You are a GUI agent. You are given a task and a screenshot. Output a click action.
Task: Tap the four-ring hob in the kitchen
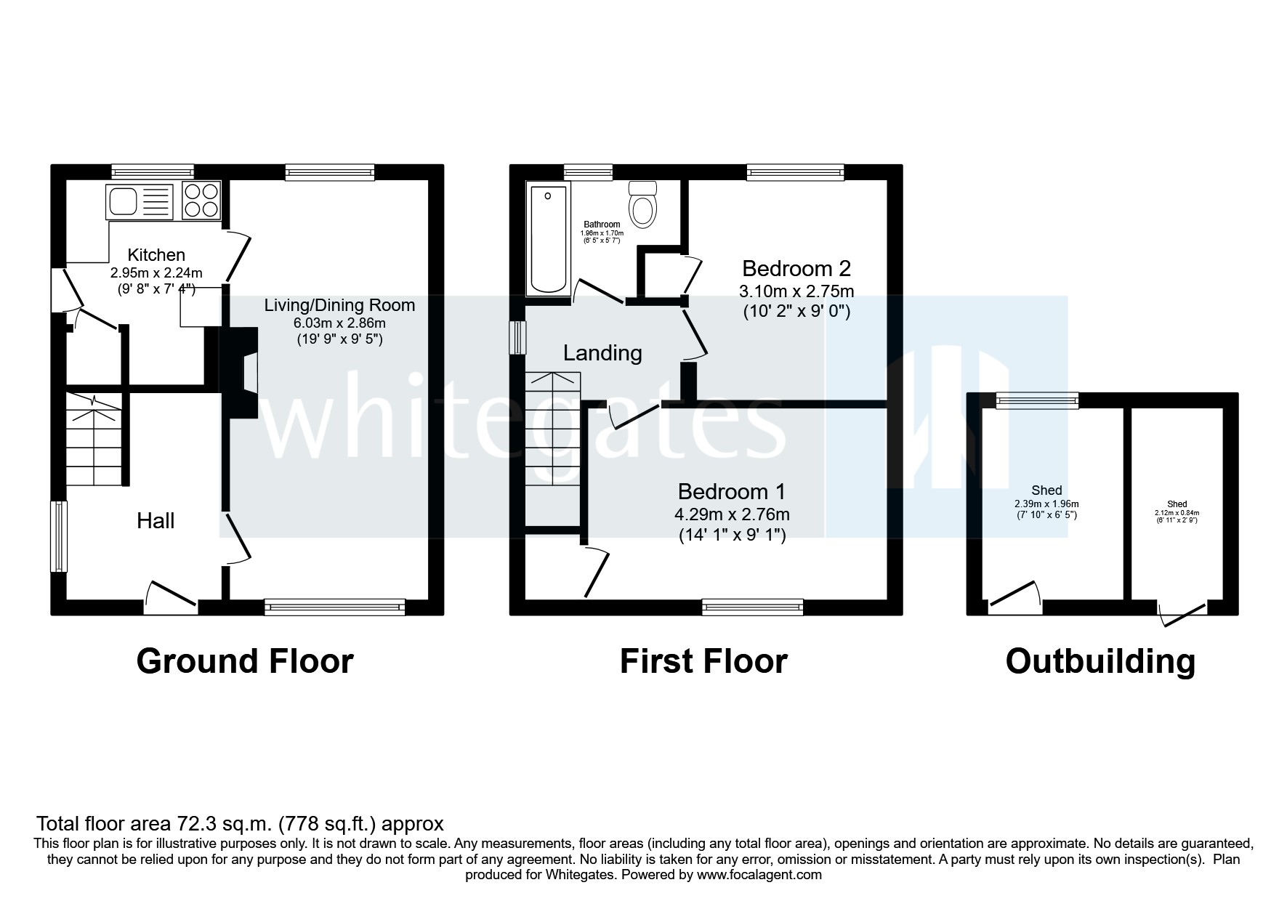[x=201, y=201]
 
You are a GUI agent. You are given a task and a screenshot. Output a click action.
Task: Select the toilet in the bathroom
[x=642, y=206]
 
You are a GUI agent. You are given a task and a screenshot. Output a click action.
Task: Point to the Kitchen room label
[x=156, y=255]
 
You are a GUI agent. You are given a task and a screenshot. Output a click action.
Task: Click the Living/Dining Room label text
[x=339, y=305]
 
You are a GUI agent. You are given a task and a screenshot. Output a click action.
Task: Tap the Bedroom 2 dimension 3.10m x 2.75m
[x=796, y=291]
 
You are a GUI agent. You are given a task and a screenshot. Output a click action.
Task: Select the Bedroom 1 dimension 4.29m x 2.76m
[x=732, y=514]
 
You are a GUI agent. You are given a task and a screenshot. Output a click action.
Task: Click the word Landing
[x=602, y=353]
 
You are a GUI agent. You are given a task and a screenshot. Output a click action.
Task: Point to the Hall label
[x=156, y=521]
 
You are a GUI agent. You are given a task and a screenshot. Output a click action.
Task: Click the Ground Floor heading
[x=245, y=661]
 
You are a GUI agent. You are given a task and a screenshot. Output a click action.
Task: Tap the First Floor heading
[x=703, y=661]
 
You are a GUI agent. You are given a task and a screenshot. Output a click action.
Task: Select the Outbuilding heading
[x=1100, y=661]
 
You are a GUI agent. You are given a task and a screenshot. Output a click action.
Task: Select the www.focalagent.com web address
[x=759, y=875]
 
